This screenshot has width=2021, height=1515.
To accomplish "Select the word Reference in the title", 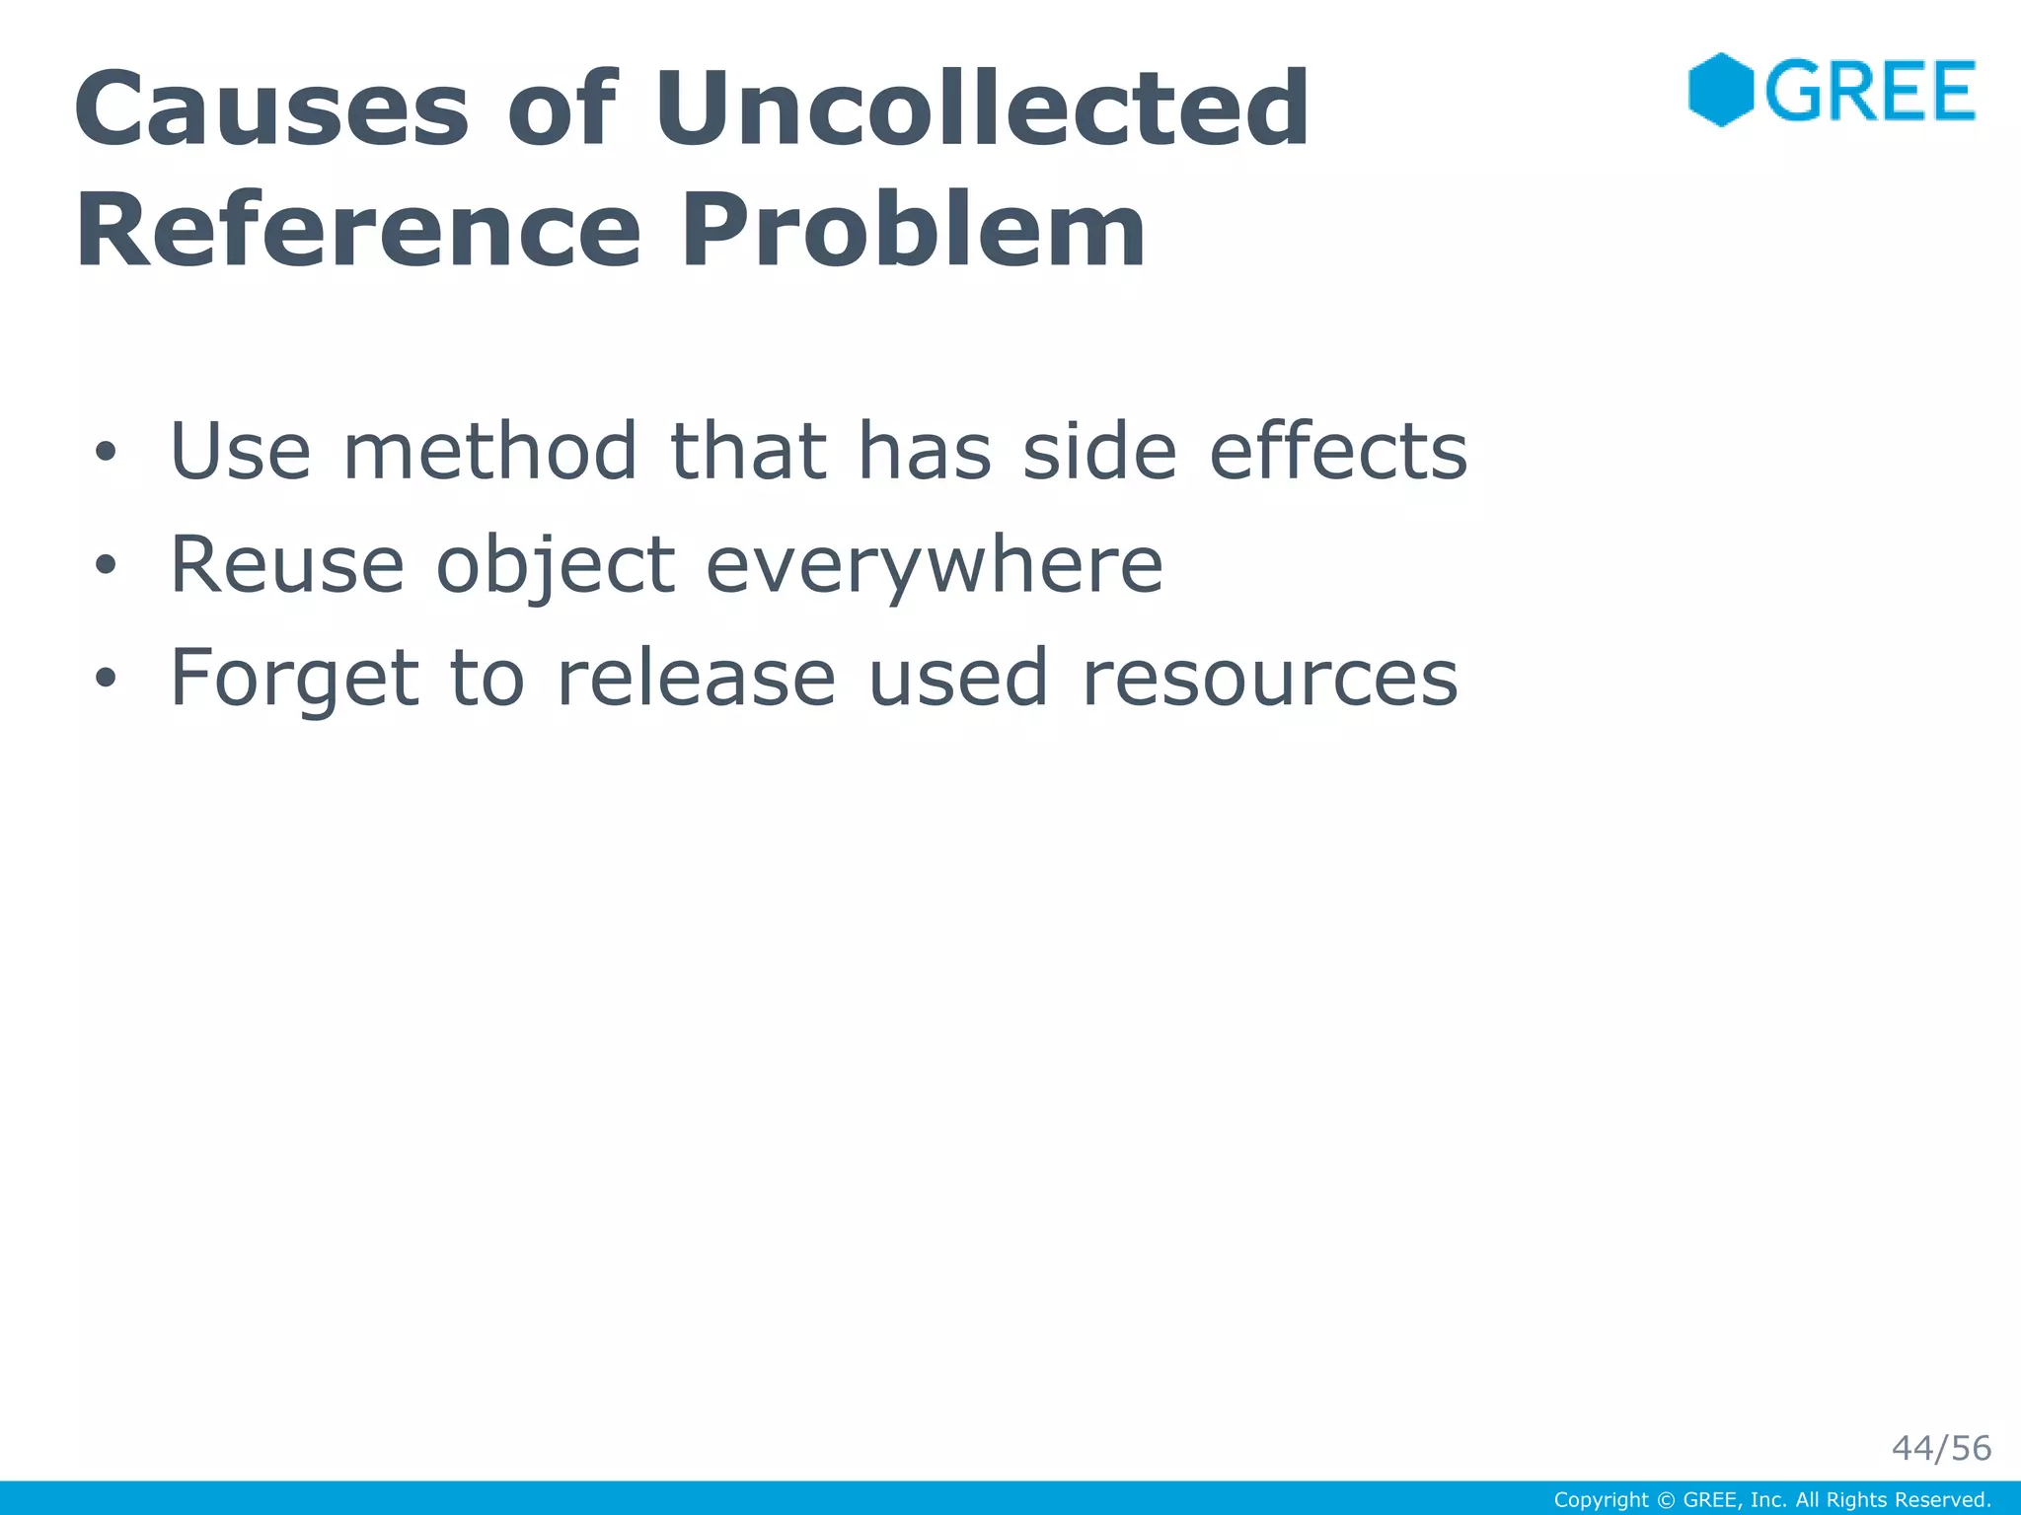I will tap(358, 231).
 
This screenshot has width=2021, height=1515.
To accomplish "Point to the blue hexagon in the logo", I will tap(1720, 90).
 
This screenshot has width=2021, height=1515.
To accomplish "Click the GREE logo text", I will tap(1870, 91).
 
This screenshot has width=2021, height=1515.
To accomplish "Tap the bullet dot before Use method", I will tap(106, 453).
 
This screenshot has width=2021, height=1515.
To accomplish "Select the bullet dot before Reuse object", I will tap(106, 565).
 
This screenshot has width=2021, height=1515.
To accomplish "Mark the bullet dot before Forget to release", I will tap(106, 678).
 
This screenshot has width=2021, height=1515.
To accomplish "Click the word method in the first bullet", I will tap(489, 452).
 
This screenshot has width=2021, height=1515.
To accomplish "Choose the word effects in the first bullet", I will tap(1338, 452).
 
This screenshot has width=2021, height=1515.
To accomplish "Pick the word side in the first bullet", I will tap(1099, 452).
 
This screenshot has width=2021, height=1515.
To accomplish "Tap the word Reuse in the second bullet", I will tap(287, 564).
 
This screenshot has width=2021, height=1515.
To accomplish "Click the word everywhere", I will tap(935, 566).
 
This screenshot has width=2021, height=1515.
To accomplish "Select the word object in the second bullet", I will tap(556, 566).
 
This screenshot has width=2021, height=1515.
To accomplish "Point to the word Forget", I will tap(294, 678).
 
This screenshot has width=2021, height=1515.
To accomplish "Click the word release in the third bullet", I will tap(696, 678).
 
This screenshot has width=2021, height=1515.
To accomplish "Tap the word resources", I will tap(1269, 680).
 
